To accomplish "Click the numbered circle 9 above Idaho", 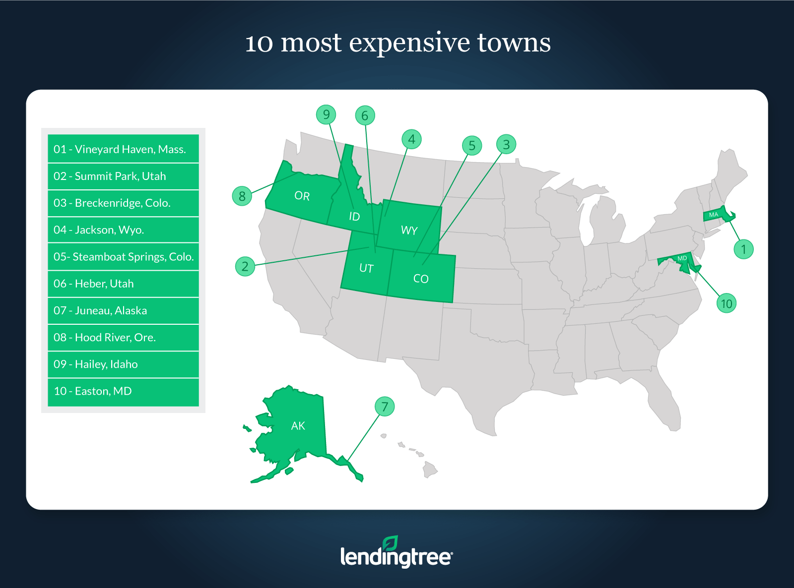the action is coord(326,115).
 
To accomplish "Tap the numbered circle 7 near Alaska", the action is coord(385,407).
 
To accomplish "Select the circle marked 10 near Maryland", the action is coord(727,303).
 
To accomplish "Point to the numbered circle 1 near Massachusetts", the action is coord(743,249).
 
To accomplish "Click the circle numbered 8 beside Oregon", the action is coord(242,196).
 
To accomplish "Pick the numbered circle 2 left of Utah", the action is coord(245,266).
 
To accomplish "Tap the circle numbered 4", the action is coord(411,139).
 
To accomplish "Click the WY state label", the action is coord(409,230).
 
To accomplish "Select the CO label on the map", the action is coord(421,279).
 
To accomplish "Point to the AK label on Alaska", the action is coord(298,425).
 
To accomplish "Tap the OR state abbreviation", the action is coord(302,196).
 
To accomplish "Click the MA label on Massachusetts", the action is coord(714,215).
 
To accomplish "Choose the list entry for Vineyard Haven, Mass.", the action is coord(123,149).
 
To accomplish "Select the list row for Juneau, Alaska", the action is coord(123,310).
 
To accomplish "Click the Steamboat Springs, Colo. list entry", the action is coord(123,256).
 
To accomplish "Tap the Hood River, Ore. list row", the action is coord(123,337).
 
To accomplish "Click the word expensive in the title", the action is coord(409,44).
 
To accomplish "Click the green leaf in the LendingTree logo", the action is coord(390,543).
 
